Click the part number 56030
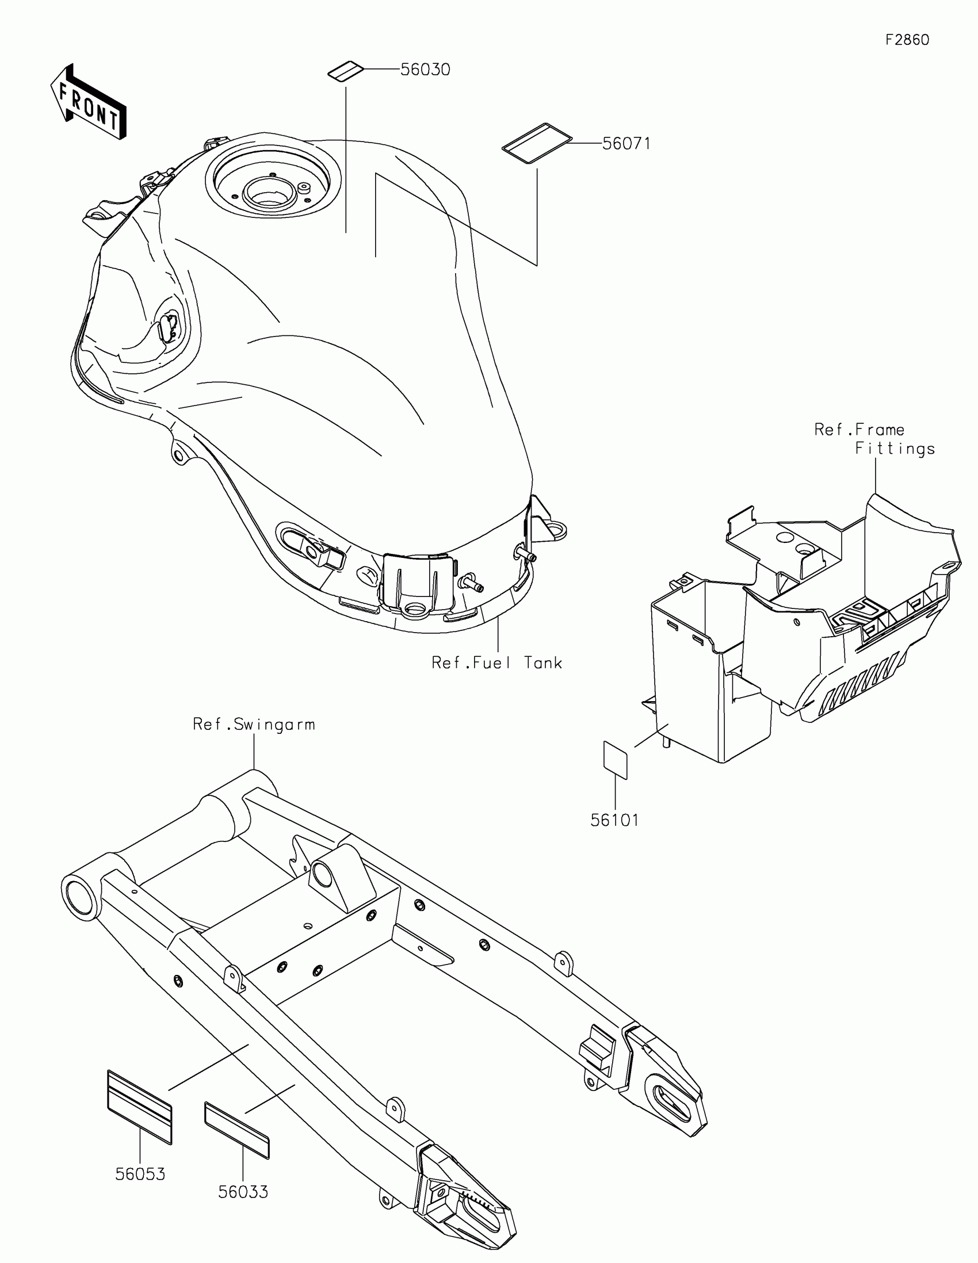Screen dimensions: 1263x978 [425, 70]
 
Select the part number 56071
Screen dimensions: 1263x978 [626, 143]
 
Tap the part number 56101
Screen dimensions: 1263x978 [614, 820]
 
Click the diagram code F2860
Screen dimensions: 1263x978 [907, 39]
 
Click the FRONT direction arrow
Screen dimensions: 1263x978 [89, 103]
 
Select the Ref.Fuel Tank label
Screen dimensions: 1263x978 [497, 662]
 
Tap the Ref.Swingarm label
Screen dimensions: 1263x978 [254, 724]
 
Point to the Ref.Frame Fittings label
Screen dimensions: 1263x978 [874, 439]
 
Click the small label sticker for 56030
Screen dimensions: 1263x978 [345, 72]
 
